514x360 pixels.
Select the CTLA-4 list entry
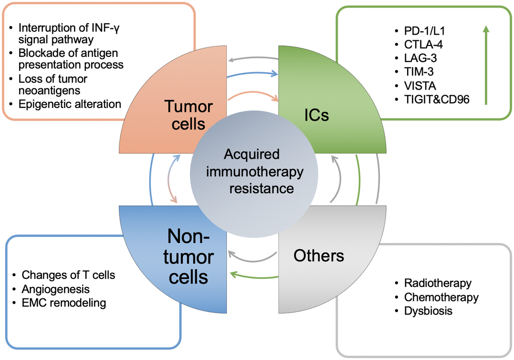[420, 45]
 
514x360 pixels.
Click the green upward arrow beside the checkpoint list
[486, 66]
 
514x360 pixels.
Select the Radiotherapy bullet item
[438, 283]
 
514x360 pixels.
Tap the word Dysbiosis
[428, 311]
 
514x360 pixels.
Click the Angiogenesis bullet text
[55, 289]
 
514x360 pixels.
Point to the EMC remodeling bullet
[64, 303]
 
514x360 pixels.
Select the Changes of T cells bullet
[69, 275]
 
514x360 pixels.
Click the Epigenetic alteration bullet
[71, 104]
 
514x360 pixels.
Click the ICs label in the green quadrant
[316, 115]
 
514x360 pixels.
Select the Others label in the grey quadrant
[318, 255]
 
